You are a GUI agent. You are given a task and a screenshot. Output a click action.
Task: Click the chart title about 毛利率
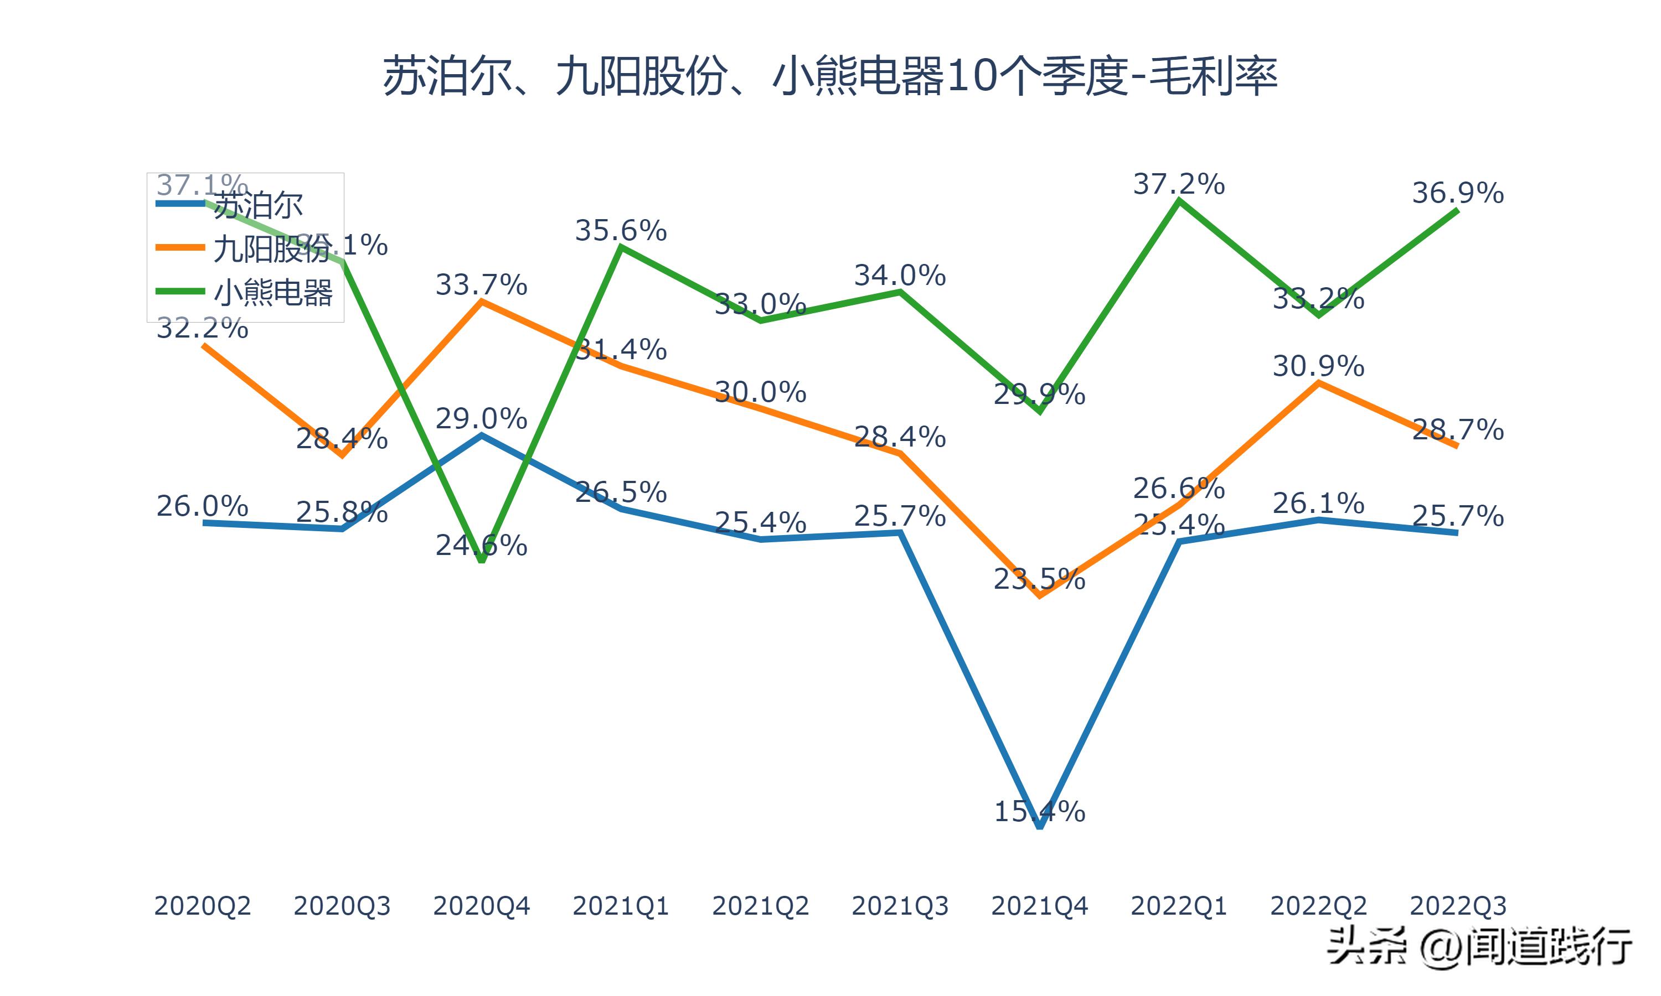830,76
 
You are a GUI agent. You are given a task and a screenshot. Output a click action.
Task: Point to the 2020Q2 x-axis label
202,906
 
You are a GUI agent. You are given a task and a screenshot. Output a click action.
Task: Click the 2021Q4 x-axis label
1039,906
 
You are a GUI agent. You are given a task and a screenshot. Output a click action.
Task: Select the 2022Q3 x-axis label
1458,906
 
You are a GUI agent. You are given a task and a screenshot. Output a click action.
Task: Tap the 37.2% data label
1179,184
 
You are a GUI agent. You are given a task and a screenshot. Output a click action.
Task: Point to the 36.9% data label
1458,193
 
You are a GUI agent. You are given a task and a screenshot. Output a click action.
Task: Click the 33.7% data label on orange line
481,284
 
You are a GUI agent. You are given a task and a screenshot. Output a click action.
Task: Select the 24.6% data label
481,545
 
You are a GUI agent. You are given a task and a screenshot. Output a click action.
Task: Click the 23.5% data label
1039,579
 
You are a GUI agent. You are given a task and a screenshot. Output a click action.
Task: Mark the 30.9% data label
1318,366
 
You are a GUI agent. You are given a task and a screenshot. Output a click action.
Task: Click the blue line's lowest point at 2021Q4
1040,826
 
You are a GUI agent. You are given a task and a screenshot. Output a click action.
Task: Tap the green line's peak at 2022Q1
1179,201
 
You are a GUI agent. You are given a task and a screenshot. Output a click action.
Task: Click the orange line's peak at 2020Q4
481,302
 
